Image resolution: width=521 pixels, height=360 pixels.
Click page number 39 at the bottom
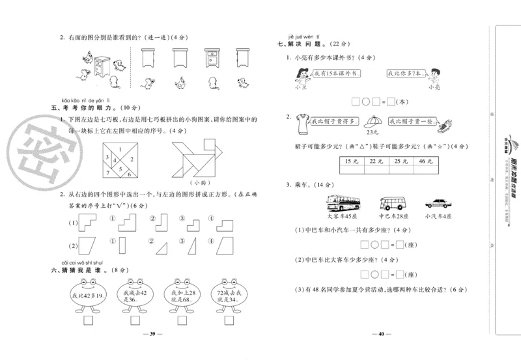(152, 335)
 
